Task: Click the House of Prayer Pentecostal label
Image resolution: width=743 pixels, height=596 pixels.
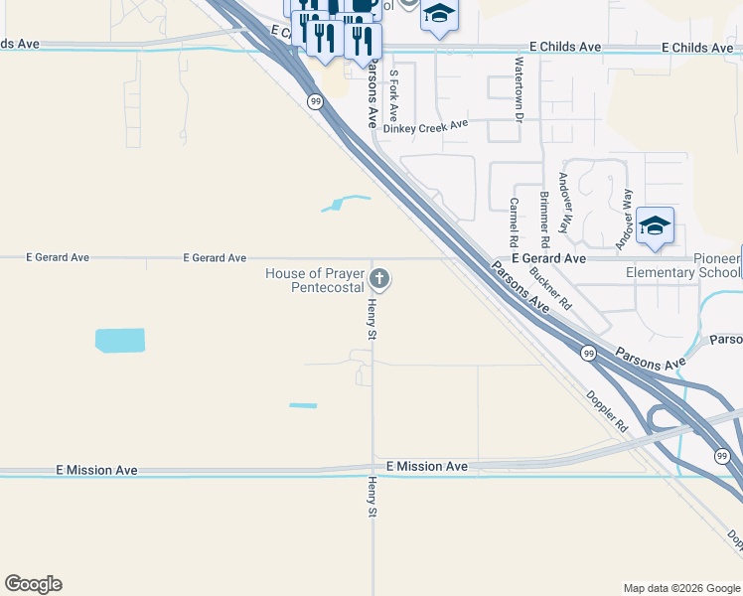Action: (314, 280)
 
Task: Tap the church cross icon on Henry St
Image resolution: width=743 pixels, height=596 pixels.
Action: (379, 278)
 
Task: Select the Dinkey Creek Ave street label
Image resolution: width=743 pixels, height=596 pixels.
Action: (425, 125)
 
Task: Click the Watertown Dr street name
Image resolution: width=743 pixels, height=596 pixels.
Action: (518, 88)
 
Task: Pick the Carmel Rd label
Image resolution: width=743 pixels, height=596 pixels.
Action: (514, 222)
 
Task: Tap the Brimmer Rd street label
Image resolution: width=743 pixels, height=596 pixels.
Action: (543, 219)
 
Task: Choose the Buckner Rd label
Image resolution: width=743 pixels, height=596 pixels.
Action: (550, 287)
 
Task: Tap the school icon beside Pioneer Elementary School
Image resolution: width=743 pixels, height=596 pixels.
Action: (656, 226)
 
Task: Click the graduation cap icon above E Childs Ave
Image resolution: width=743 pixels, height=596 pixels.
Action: (439, 15)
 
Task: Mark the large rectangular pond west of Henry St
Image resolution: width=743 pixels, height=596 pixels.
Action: (120, 340)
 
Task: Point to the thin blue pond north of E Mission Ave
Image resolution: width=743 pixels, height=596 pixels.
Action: (303, 405)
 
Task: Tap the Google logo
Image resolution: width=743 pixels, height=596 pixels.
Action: (33, 584)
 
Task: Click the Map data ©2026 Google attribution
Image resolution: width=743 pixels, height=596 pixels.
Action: (680, 588)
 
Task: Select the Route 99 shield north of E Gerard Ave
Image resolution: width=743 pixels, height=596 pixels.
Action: (315, 101)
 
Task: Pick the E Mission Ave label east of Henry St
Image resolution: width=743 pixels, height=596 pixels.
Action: (427, 466)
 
